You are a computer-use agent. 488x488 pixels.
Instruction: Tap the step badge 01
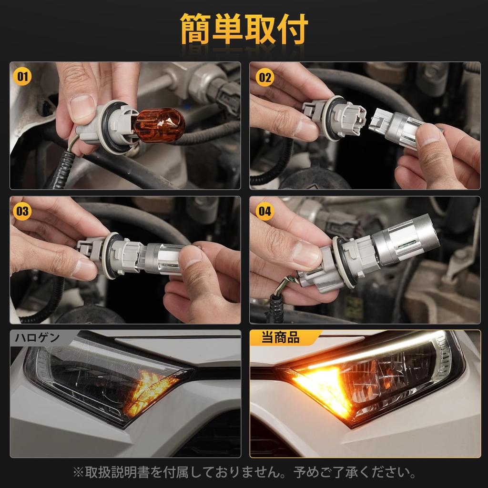pos(22,76)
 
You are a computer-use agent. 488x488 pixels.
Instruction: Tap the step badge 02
pos(265,77)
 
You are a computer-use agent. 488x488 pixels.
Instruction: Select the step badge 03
pos(22,211)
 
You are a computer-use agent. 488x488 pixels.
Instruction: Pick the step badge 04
pos(265,211)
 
